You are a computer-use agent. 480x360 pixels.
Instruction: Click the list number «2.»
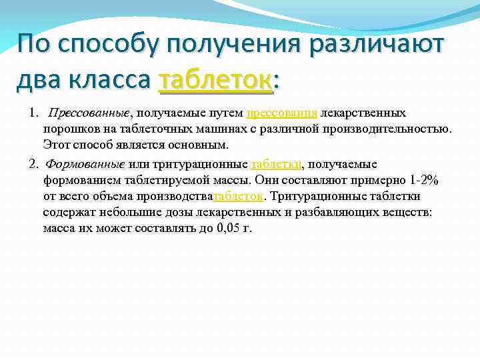[x=35, y=164]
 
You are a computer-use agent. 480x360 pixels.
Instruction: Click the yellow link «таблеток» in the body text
[x=238, y=196]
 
